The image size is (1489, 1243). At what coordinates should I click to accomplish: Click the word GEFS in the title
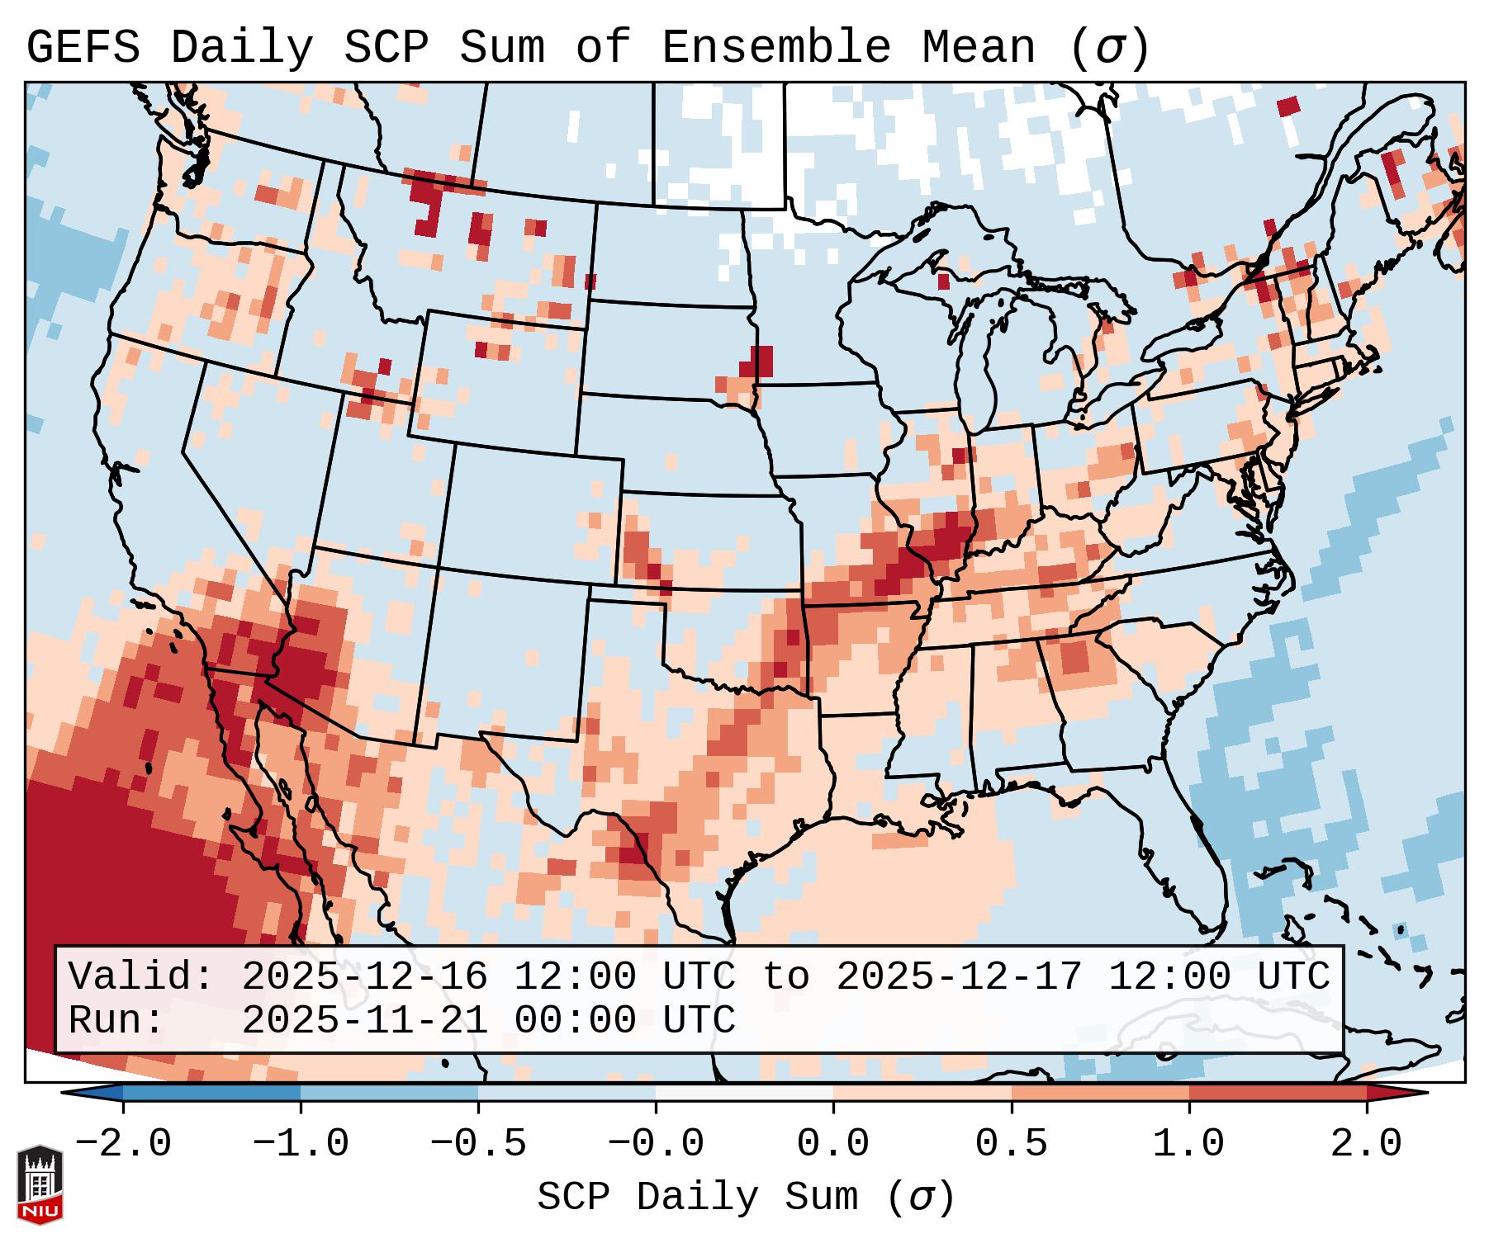(x=83, y=48)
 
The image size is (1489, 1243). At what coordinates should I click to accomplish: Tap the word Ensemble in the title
(x=775, y=48)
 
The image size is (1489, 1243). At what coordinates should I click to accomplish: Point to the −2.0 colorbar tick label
(x=123, y=1144)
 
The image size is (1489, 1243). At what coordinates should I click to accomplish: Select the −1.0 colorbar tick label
(x=301, y=1144)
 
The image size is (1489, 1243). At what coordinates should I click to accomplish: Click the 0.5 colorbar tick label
(x=1011, y=1144)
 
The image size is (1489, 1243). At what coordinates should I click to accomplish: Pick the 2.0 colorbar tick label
(x=1366, y=1144)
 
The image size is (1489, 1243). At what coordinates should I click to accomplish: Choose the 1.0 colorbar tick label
(x=1188, y=1144)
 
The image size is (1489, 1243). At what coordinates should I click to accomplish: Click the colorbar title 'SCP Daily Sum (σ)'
(x=746, y=1197)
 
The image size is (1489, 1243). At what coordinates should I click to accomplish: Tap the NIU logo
(x=40, y=1184)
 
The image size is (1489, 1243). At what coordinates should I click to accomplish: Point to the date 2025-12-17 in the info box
(x=959, y=976)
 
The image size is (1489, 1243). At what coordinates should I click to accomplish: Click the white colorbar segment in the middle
(x=744, y=1093)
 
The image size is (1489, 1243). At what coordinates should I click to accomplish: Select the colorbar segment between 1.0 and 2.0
(x=1278, y=1093)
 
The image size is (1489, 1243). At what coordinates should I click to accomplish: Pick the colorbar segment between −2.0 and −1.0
(x=211, y=1093)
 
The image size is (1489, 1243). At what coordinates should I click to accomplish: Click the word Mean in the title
(x=978, y=48)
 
